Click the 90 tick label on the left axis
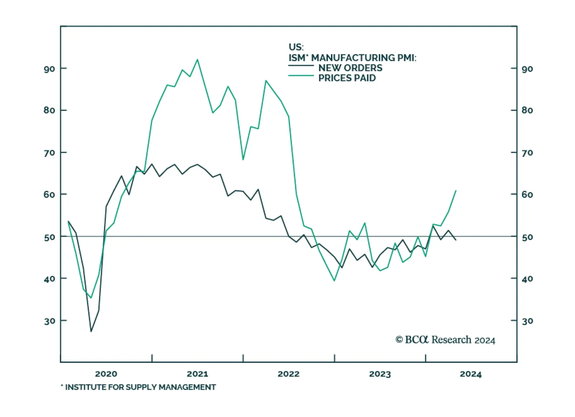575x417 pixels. pos(49,69)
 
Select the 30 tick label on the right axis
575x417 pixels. pos(527,321)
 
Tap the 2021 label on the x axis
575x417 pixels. pos(197,374)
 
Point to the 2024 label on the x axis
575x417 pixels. pos(471,374)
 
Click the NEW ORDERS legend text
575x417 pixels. pos(350,68)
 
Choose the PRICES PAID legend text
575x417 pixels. pos(347,78)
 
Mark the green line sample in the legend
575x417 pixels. pos(301,75)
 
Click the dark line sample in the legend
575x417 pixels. pos(301,65)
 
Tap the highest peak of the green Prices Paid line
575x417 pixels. pos(197,60)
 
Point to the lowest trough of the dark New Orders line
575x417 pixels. pos(91,331)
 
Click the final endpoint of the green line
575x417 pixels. pos(456,190)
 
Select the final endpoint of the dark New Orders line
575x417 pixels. pos(456,240)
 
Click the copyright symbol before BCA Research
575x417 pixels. pos(399,340)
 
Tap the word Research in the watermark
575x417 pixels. pos(451,340)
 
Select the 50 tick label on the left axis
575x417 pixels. pos(49,237)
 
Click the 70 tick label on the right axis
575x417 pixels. pos(527,153)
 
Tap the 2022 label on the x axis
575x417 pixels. pos(289,374)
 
